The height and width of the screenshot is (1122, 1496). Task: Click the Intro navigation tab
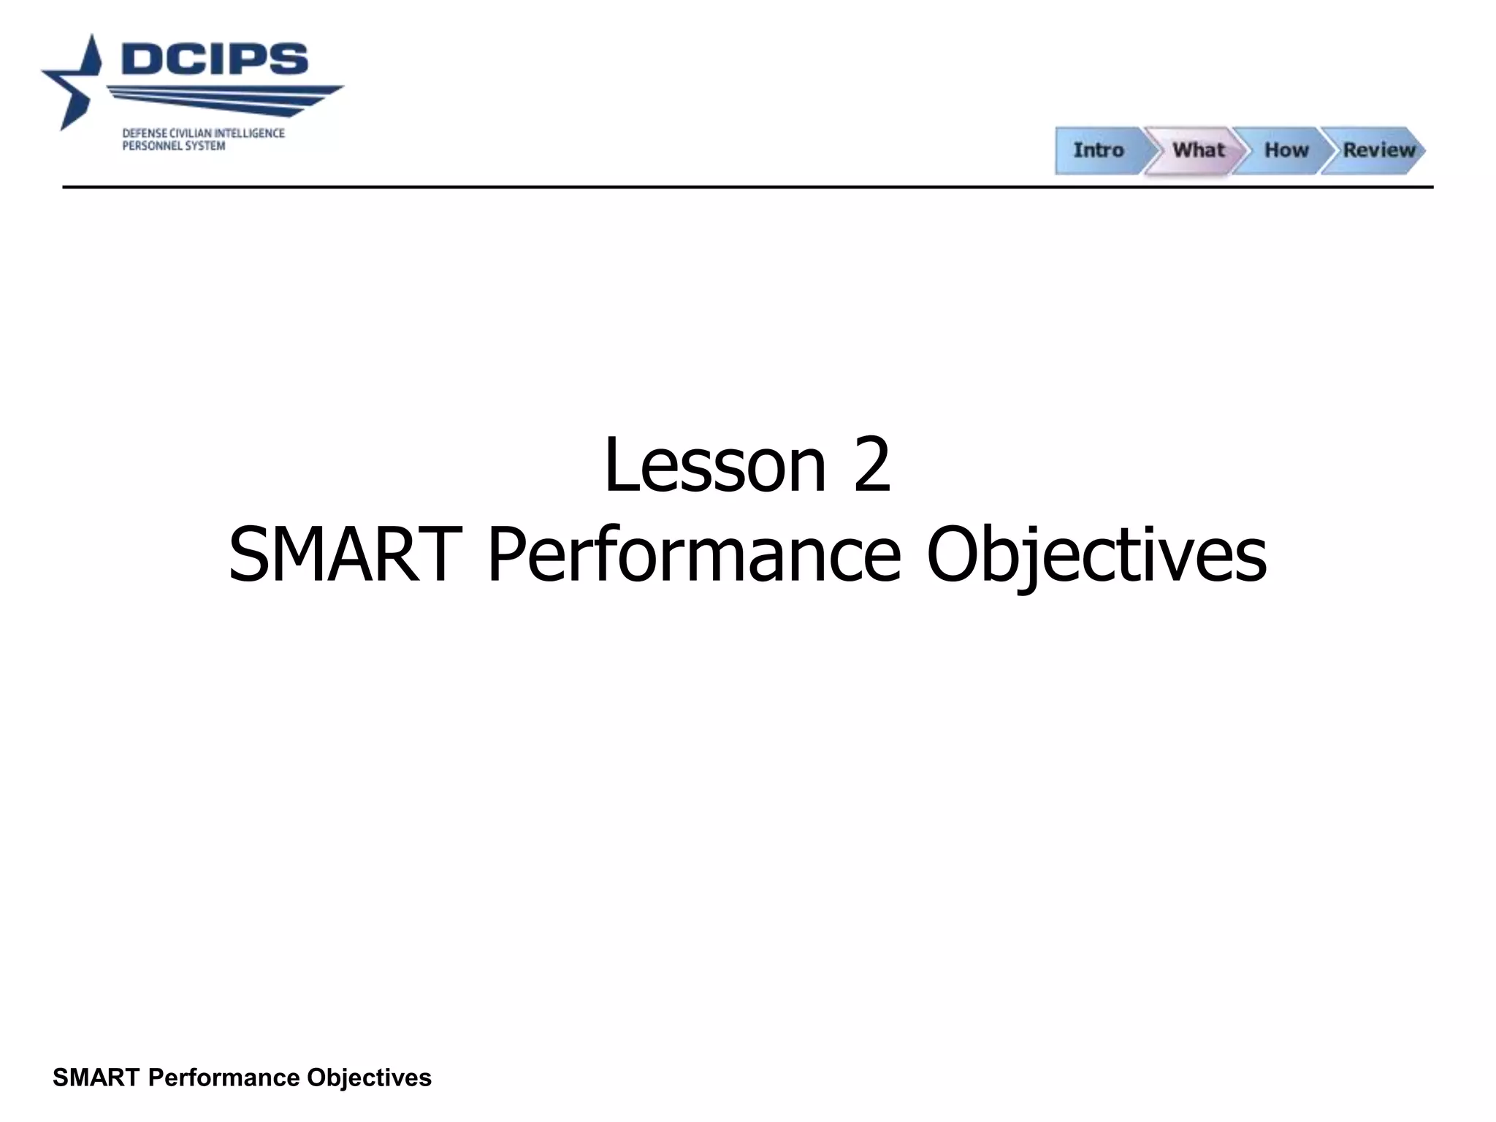(x=1098, y=150)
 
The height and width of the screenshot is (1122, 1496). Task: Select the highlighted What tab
(x=1198, y=150)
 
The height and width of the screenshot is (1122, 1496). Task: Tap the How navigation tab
(x=1286, y=150)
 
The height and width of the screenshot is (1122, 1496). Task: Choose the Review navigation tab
(x=1378, y=150)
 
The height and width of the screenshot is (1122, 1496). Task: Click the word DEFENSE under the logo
(x=143, y=134)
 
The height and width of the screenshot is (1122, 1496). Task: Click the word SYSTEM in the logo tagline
(x=205, y=146)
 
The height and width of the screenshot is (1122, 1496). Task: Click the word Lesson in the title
(x=714, y=465)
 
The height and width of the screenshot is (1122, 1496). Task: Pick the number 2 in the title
(x=871, y=465)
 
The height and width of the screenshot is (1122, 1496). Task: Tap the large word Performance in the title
(x=694, y=555)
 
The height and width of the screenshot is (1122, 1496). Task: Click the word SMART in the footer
(x=96, y=1077)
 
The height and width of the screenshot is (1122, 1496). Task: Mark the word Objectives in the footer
(x=369, y=1077)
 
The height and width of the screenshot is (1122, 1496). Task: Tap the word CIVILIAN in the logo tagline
(x=190, y=134)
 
